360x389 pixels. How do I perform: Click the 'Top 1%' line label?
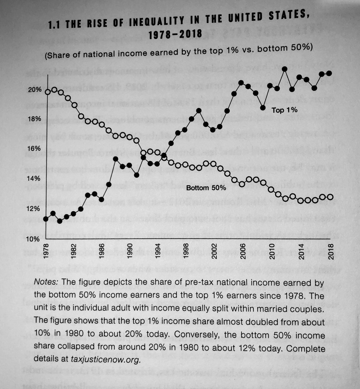coord(285,110)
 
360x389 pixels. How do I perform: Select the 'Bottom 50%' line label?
coord(206,188)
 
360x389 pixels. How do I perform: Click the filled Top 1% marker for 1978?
coord(46,219)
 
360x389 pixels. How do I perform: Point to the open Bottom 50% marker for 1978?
coord(48,92)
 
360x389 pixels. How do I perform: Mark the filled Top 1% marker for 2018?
coord(330,73)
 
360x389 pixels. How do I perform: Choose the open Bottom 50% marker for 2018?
coord(330,197)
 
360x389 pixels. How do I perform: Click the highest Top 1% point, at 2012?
coord(285,69)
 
